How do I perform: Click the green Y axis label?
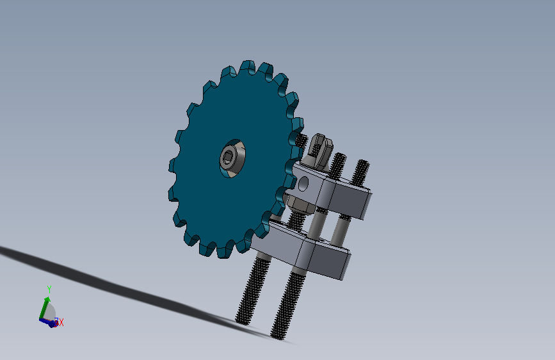(49, 290)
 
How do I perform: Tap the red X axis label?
(61, 322)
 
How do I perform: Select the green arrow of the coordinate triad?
(44, 308)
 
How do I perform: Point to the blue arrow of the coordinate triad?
(48, 322)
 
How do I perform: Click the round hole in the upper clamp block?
(303, 184)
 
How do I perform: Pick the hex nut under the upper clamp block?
(300, 205)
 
